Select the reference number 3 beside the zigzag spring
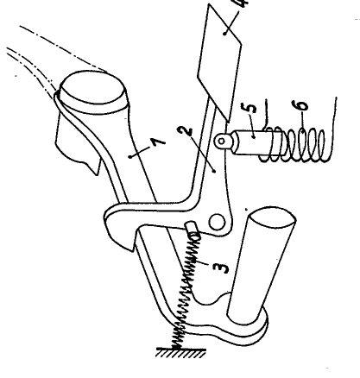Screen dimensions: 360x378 [221, 268]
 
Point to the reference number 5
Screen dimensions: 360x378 [251, 107]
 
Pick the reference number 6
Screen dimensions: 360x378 [301, 105]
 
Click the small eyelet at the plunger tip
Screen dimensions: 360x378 [222, 142]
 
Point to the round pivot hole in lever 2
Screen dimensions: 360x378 [217, 222]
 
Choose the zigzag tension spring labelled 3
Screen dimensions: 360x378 [186, 291]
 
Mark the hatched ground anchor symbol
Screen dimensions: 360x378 [181, 353]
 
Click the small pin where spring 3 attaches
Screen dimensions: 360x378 [193, 229]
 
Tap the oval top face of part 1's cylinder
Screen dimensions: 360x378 [92, 87]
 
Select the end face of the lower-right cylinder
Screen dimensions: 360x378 [273, 217]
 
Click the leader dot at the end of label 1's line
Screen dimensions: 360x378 [131, 156]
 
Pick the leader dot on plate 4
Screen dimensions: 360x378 [224, 34]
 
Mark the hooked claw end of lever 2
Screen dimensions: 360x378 [118, 227]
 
